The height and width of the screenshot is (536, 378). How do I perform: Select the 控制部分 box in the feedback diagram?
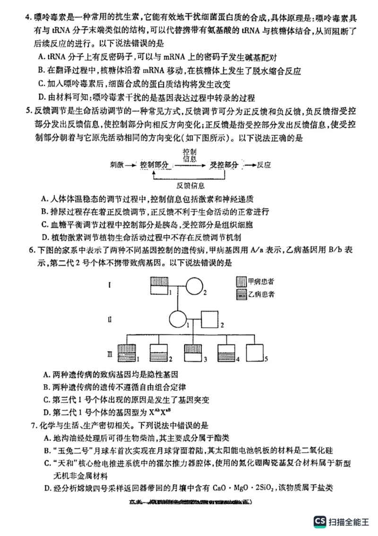(x=155, y=165)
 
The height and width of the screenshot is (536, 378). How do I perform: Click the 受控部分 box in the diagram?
(x=224, y=165)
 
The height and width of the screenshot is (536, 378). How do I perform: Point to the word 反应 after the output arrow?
(x=265, y=165)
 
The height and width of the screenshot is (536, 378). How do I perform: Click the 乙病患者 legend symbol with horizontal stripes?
(x=241, y=294)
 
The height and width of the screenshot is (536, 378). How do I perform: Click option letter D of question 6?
(x=46, y=411)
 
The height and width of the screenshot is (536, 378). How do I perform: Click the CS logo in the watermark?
(x=320, y=522)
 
